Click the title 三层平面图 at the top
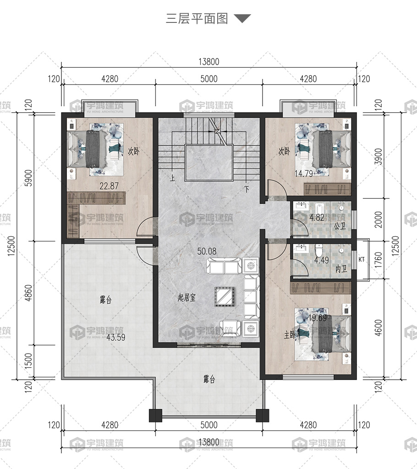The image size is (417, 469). point(197,18)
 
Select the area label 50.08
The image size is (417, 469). point(207,251)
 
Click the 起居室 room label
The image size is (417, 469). point(187,298)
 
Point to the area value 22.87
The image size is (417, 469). point(109,186)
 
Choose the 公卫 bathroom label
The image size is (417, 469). point(340,226)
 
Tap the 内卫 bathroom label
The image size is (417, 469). point(341,269)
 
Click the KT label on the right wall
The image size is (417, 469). point(361,259)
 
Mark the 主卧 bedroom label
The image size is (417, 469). point(290,335)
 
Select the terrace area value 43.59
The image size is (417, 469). point(116,338)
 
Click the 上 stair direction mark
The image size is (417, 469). point(172,178)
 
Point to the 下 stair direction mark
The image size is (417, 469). point(247,189)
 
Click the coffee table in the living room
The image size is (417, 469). point(224,296)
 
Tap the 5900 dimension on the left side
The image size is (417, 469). point(28,178)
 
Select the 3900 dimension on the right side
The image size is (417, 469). point(379,157)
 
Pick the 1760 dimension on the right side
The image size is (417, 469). point(379,260)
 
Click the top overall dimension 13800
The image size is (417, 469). point(209,62)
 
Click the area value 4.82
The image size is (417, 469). point(317,217)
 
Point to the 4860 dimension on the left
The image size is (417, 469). point(28,293)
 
